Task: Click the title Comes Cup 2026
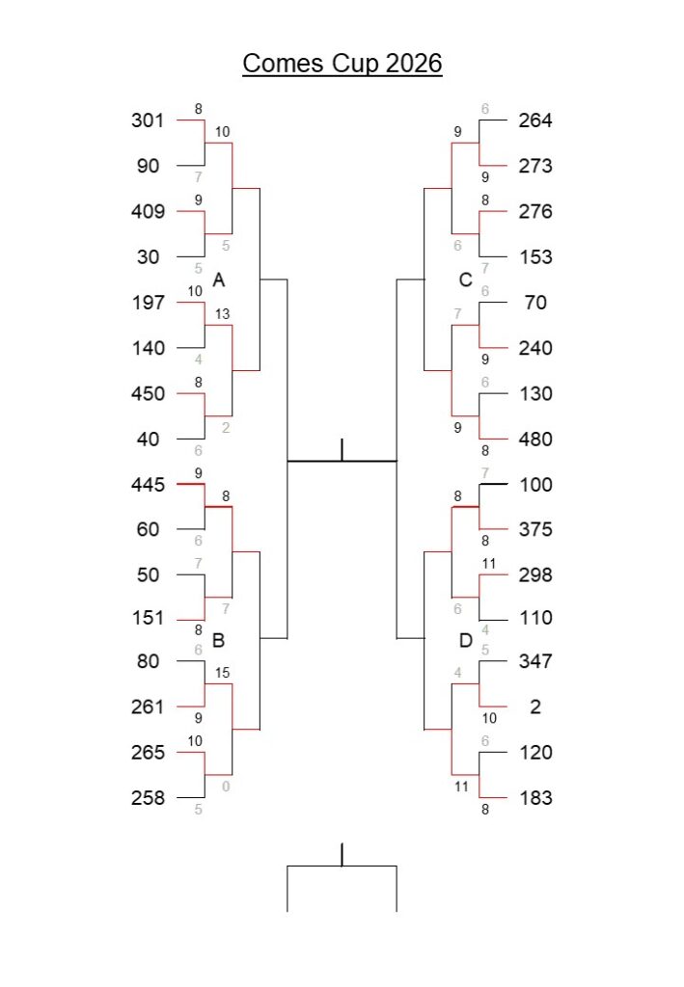[342, 64]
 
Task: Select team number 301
[148, 120]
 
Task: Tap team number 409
[148, 211]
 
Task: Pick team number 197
[148, 303]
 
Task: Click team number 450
[148, 393]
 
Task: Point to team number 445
[148, 484]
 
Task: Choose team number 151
[148, 618]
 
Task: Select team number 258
[148, 798]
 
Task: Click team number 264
[535, 120]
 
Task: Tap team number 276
[535, 211]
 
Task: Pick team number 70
[535, 303]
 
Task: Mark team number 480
[535, 440]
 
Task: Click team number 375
[535, 529]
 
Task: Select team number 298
[535, 574]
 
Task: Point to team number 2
[535, 707]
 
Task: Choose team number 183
[535, 798]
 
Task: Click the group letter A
[219, 280]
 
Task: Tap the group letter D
[465, 640]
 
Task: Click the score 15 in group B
[223, 673]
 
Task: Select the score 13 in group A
[223, 313]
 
